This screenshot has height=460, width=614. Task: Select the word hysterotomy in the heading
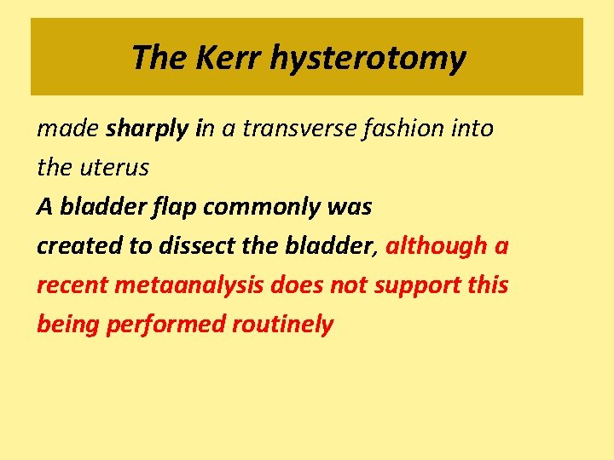pyautogui.click(x=369, y=57)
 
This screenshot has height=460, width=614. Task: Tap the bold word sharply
pyautogui.click(x=149, y=129)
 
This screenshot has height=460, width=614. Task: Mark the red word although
pyautogui.click(x=436, y=246)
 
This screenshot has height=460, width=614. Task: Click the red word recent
pyautogui.click(x=71, y=285)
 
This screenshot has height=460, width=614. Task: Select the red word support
pyautogui.click(x=419, y=285)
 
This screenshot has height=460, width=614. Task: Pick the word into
pyautogui.click(x=474, y=129)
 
